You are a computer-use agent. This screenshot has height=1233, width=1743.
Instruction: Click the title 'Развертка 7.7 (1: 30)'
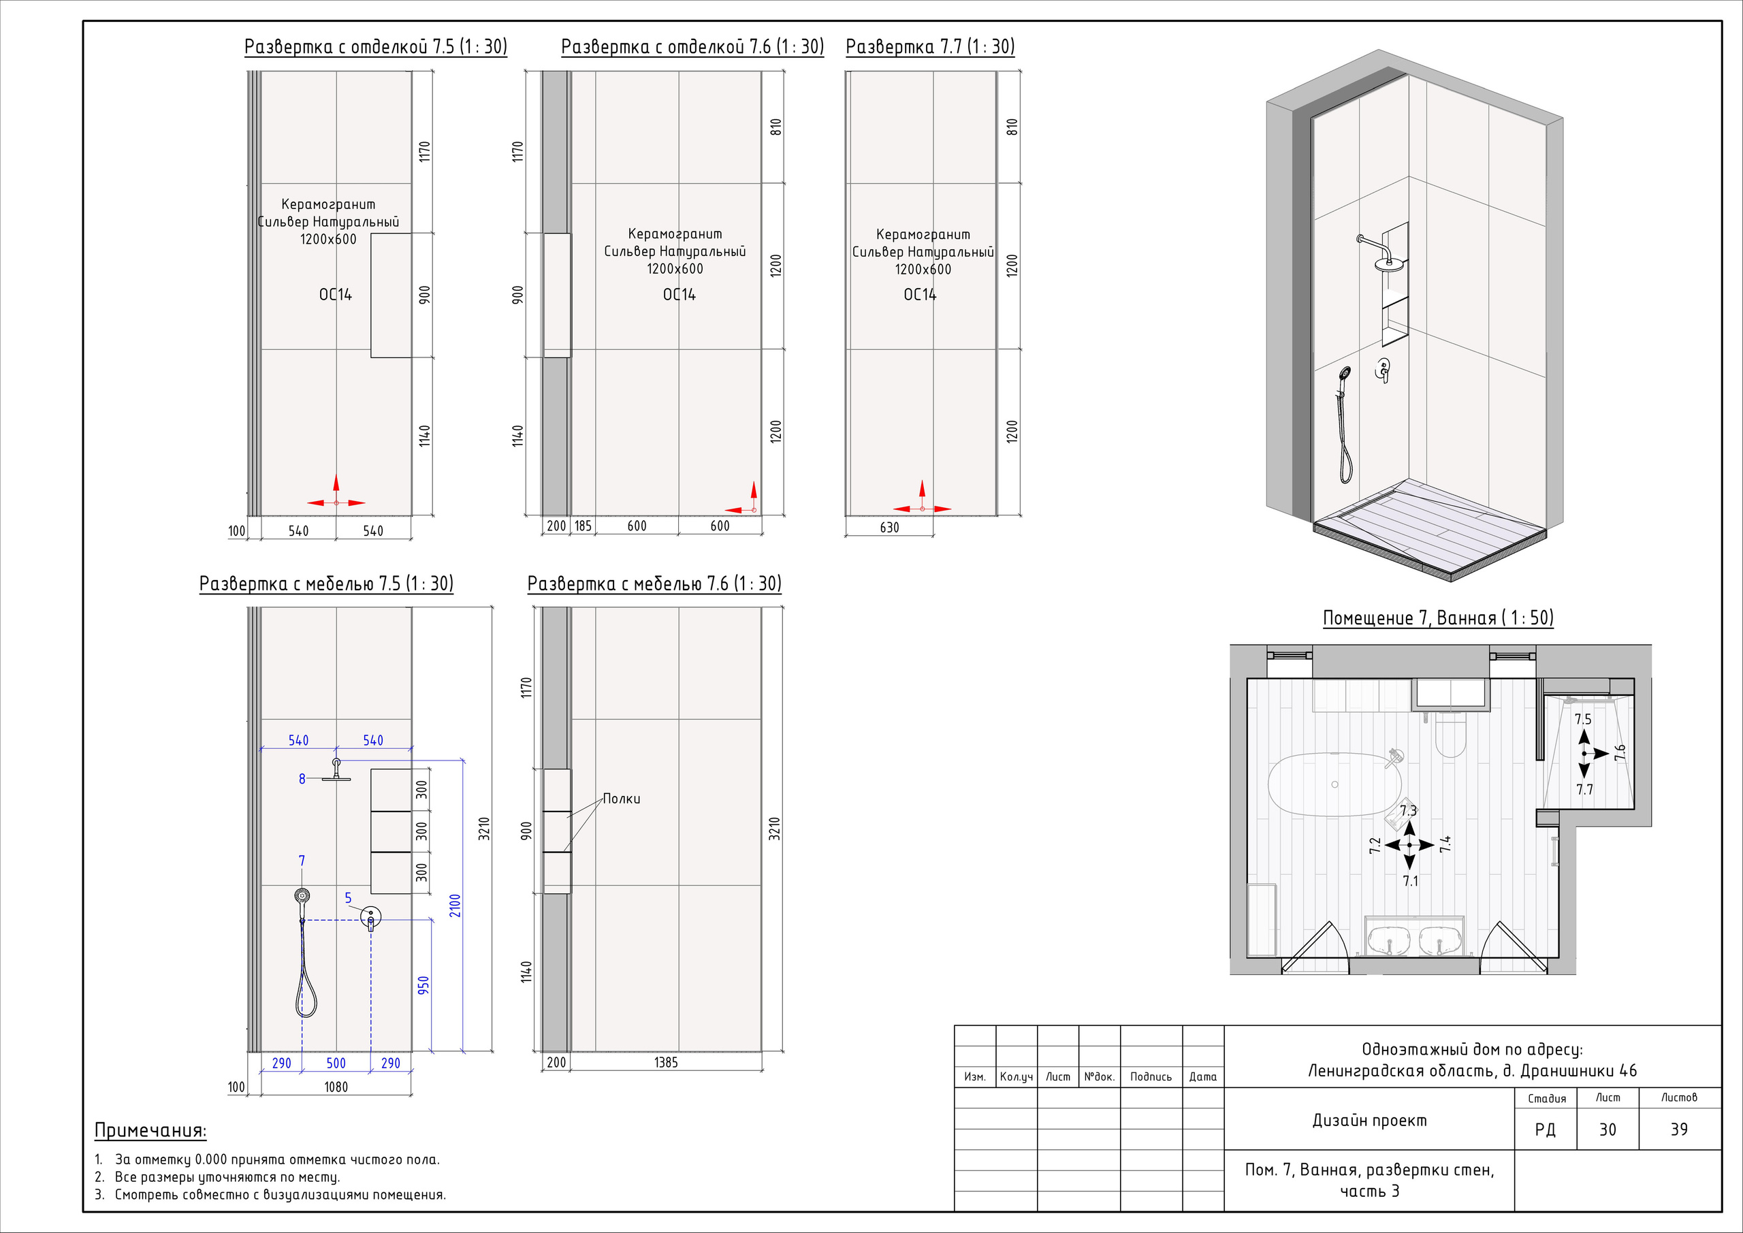[929, 47]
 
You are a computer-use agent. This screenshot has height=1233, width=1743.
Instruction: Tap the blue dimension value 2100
[455, 905]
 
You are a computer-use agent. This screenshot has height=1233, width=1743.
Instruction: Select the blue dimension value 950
[423, 984]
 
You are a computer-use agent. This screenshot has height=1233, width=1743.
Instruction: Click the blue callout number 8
[302, 778]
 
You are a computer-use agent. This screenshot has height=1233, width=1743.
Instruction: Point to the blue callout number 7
[302, 860]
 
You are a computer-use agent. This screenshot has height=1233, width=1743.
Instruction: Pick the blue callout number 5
[349, 897]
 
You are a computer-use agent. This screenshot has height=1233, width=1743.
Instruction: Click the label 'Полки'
[621, 799]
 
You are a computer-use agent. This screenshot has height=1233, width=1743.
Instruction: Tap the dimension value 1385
[666, 1062]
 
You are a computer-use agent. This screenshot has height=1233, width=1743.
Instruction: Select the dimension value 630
[889, 527]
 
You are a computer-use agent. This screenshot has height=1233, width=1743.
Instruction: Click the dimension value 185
[582, 526]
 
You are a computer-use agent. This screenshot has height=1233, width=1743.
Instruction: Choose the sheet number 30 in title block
[1607, 1129]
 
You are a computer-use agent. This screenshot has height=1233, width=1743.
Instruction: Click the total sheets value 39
[1678, 1129]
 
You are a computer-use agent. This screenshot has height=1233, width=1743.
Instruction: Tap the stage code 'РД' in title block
[1545, 1130]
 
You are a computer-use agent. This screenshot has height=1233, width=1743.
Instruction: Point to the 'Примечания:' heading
[150, 1130]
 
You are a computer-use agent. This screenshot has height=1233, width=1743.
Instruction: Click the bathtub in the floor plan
[1334, 784]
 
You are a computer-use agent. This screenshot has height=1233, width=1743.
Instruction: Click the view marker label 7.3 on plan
[1409, 810]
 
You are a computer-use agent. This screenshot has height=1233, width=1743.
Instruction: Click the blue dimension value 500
[336, 1063]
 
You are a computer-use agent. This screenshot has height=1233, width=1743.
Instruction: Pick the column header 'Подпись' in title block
[1150, 1076]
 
